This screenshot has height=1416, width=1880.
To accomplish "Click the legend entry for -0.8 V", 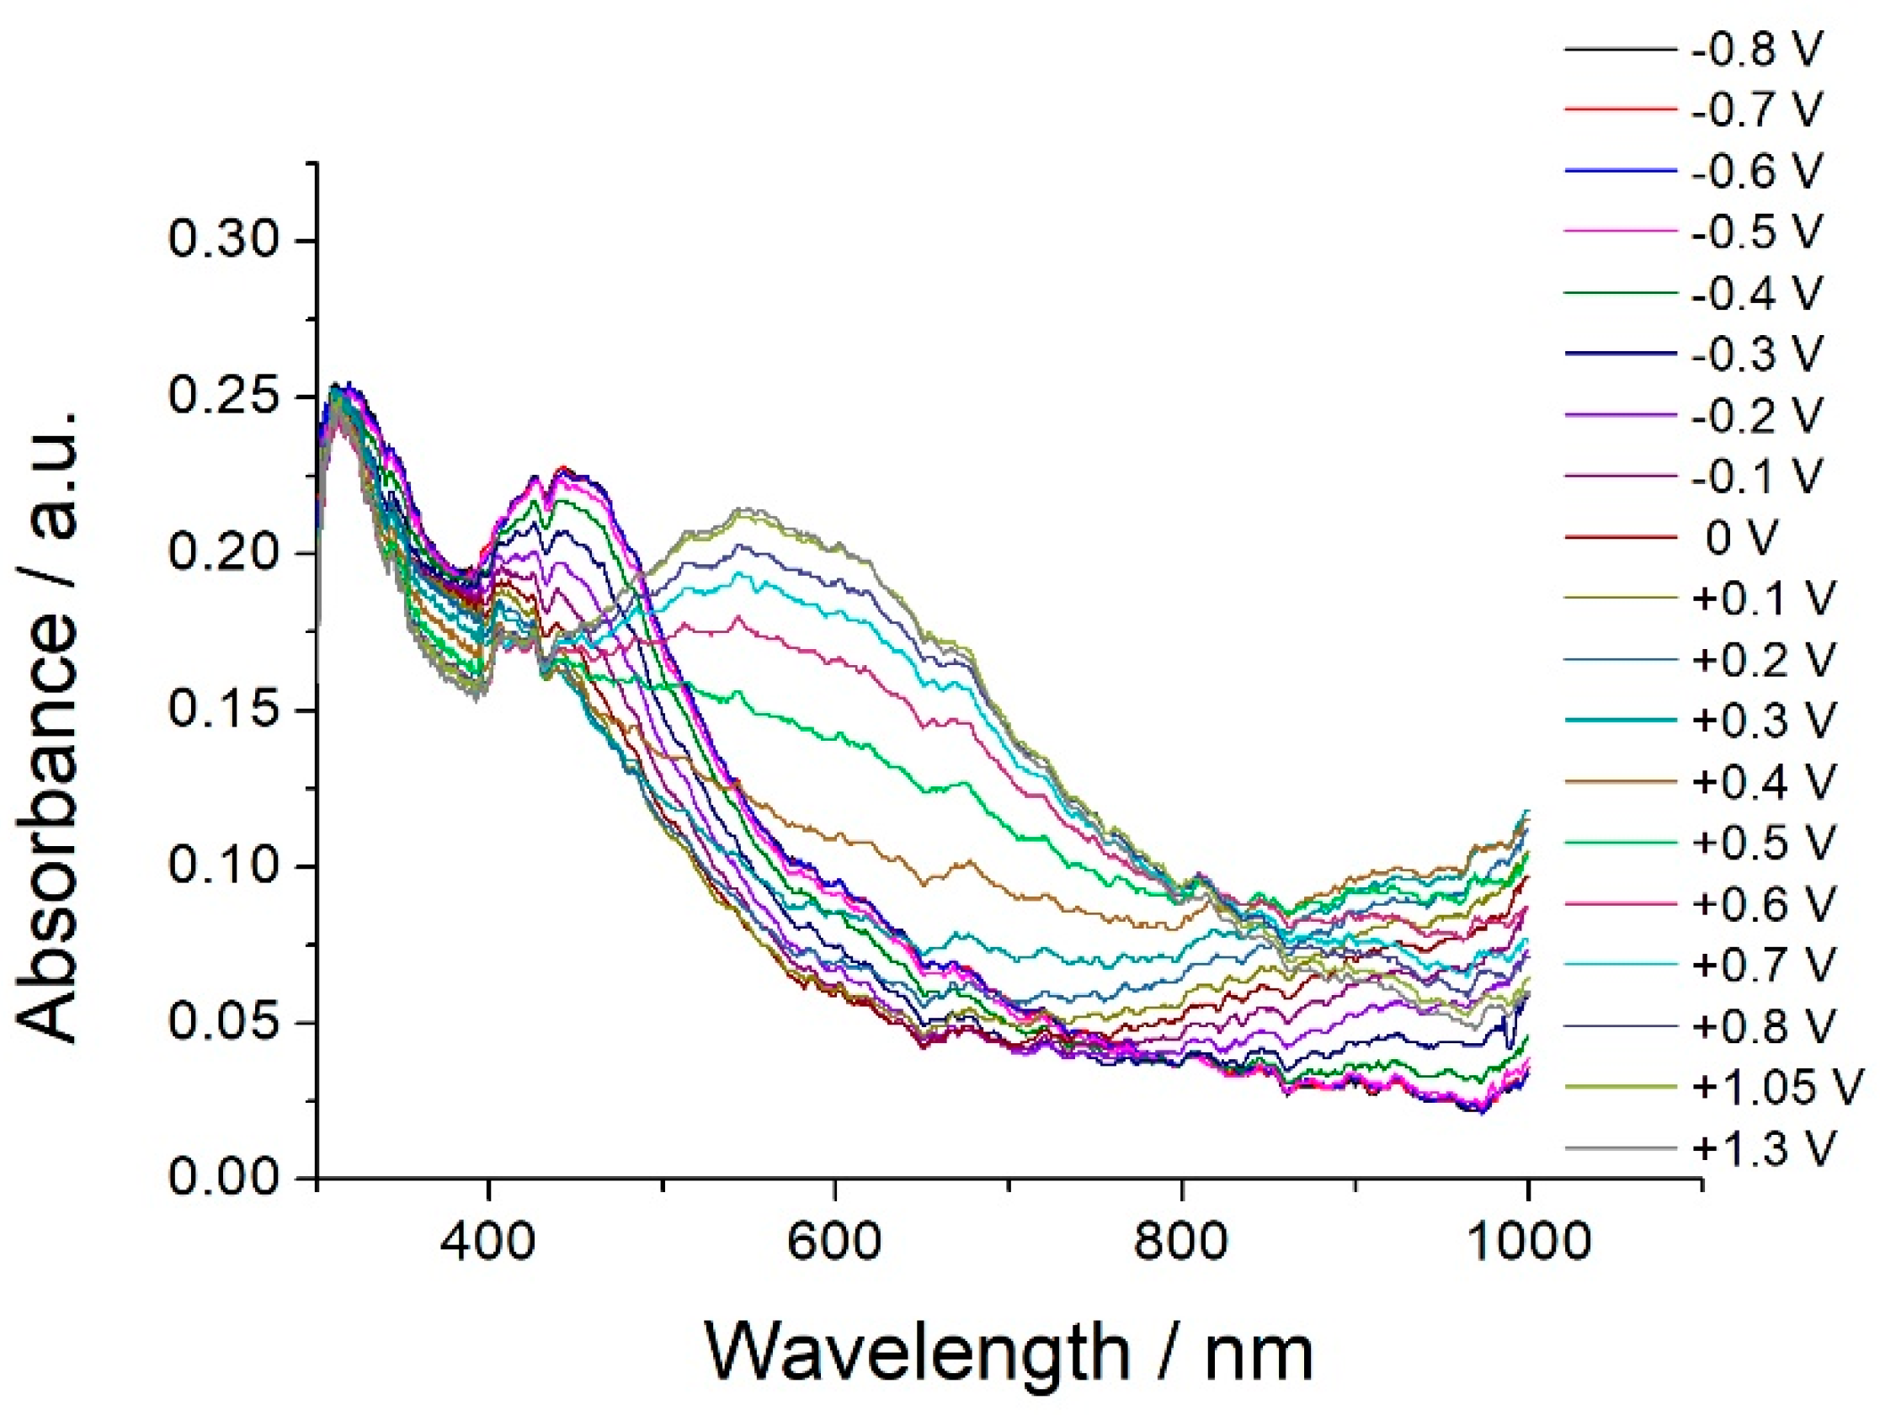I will [1757, 51].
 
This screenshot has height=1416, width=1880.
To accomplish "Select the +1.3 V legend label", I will [1764, 1148].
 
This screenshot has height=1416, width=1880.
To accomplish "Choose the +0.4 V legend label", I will [1764, 781].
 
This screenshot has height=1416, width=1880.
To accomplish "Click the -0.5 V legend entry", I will [1757, 232].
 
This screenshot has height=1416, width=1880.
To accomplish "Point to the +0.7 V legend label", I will [1764, 965].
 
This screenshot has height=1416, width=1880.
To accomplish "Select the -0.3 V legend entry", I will [1757, 354].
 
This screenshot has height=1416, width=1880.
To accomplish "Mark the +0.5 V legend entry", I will [1764, 843].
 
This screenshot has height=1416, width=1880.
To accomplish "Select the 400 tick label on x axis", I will [487, 1242].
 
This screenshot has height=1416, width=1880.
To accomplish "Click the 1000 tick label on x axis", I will [1529, 1242].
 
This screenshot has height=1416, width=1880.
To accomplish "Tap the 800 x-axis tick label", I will [1181, 1242].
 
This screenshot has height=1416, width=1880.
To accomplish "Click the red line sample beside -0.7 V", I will [1620, 109].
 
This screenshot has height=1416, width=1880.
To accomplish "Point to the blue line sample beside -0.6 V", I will [1620, 172].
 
